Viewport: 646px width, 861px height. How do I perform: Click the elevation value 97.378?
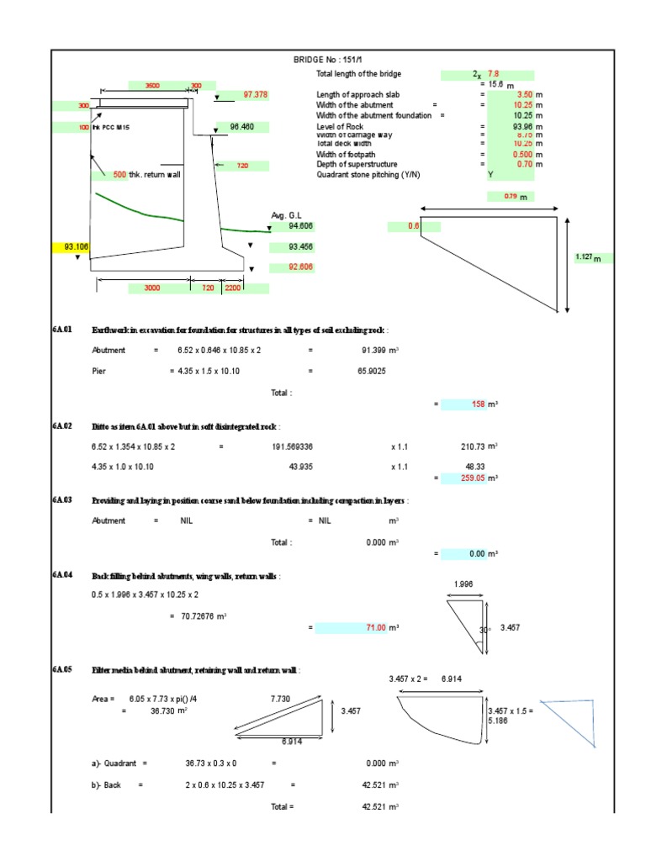(255, 95)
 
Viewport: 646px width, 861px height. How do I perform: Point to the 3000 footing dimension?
(152, 288)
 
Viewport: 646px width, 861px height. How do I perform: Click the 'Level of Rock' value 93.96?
(522, 126)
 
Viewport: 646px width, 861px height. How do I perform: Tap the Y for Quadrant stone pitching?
(490, 174)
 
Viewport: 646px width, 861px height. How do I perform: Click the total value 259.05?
(475, 478)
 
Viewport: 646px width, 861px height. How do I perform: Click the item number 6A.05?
(62, 669)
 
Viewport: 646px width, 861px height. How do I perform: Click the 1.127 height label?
(585, 258)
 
